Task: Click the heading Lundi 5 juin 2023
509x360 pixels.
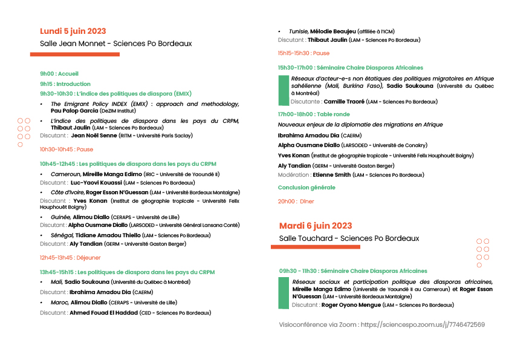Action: point(73,31)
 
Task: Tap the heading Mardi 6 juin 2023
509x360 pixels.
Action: point(316,226)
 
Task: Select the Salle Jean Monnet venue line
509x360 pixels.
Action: point(115,44)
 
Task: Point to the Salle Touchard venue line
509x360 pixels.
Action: point(349,238)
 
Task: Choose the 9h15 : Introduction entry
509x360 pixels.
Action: point(65,84)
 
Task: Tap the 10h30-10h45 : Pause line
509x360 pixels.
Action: point(66,149)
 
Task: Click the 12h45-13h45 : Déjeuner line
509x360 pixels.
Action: point(70,258)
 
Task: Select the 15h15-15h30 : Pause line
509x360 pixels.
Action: point(303,53)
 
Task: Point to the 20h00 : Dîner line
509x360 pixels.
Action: point(296,201)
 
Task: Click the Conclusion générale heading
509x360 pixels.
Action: point(306,188)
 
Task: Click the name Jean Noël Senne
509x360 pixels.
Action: point(94,136)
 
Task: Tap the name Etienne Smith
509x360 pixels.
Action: point(331,175)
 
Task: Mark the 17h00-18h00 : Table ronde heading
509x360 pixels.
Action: point(314,114)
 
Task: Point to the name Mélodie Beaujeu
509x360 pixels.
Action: point(333,31)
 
